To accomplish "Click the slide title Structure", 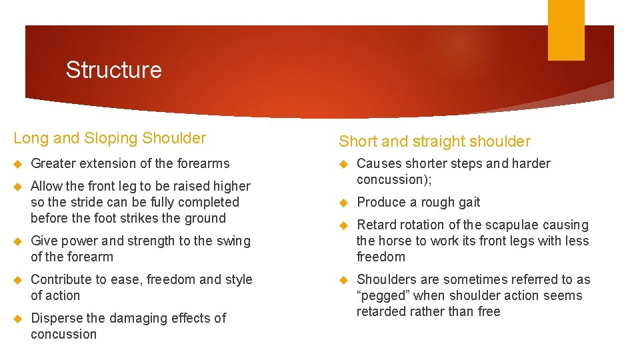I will coord(113,70).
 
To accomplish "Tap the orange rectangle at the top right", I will coord(565,30).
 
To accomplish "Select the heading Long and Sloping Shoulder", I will coord(110,138).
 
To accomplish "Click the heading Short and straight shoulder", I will coord(435,141).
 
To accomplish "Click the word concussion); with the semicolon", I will coord(390,179).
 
